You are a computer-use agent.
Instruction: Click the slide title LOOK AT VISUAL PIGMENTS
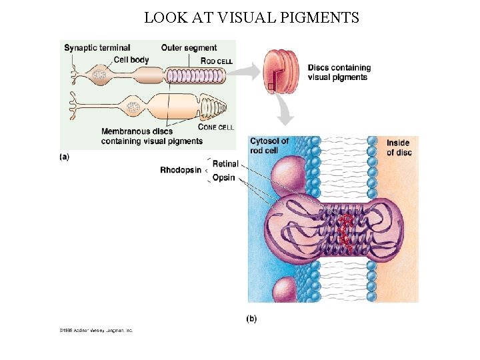[x=251, y=18]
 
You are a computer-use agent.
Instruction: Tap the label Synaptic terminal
[x=97, y=48]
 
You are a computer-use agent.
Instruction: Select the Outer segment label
[x=189, y=48]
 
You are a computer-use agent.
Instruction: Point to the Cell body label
[x=131, y=60]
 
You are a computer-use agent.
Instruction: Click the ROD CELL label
[x=217, y=61]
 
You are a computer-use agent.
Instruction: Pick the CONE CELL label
[x=216, y=127]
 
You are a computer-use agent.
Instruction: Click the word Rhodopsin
[x=181, y=170]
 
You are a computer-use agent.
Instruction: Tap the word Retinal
[x=225, y=164]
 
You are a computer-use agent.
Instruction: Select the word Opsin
[x=224, y=178]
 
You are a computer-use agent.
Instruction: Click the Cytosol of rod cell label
[x=269, y=145]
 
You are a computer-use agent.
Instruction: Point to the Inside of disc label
[x=399, y=147]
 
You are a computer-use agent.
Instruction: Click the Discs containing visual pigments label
[x=339, y=72]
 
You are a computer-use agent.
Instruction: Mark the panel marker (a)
[x=64, y=157]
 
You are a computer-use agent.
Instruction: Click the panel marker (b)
[x=251, y=318]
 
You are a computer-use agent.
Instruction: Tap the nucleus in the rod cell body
[x=100, y=75]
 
